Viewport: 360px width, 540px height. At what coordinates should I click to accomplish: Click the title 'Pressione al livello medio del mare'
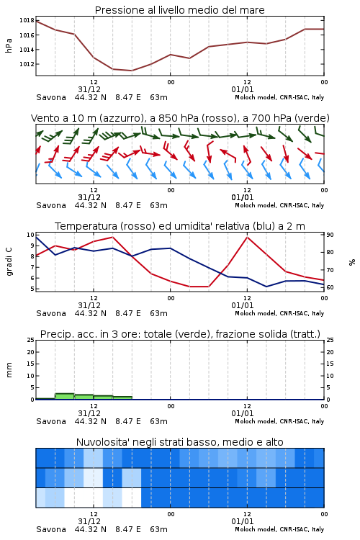click(x=179, y=10)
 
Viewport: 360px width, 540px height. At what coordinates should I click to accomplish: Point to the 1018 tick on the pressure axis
click(x=27, y=20)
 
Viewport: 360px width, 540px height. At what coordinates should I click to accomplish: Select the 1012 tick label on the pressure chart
click(x=27, y=64)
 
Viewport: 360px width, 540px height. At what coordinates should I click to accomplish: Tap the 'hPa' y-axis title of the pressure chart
click(x=9, y=45)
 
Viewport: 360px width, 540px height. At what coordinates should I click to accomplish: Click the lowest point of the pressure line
click(x=132, y=71)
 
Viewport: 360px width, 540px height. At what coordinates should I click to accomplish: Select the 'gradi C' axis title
click(x=9, y=262)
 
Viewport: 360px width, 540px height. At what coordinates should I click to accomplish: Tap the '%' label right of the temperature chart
click(x=352, y=262)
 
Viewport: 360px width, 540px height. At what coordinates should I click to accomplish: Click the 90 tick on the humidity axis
click(x=330, y=235)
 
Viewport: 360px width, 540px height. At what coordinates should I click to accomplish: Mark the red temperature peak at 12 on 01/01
click(x=248, y=237)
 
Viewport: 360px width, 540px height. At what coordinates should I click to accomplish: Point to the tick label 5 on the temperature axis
click(x=32, y=289)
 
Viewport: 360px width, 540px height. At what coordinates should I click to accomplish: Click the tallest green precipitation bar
click(x=65, y=397)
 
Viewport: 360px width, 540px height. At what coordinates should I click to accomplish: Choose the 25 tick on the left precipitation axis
click(x=31, y=341)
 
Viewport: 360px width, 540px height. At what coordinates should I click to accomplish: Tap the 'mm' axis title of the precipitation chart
click(x=9, y=370)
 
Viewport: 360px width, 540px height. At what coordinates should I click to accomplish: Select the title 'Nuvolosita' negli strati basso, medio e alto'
click(x=179, y=442)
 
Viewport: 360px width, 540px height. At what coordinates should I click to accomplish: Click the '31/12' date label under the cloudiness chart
click(x=89, y=521)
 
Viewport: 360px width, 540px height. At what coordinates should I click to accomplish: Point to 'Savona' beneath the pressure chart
click(x=51, y=97)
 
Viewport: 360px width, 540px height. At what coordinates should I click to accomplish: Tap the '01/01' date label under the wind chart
click(x=243, y=197)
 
